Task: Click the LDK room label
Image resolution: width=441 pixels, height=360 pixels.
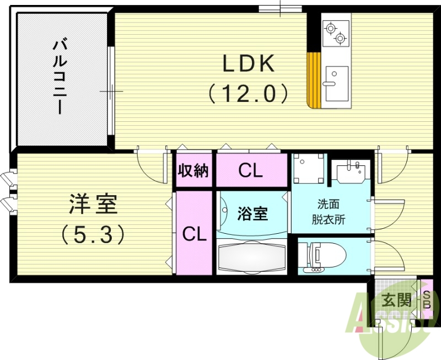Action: point(248,65)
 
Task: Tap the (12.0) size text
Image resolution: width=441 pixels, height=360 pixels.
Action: point(248,93)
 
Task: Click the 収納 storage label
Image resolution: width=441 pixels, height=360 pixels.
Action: point(193,170)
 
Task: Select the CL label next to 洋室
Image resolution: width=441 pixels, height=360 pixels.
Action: point(194,235)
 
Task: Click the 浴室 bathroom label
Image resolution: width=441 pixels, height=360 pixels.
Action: point(253,214)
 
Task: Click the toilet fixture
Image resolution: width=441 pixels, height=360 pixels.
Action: point(325,255)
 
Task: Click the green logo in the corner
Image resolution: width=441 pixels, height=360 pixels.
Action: point(386,320)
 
